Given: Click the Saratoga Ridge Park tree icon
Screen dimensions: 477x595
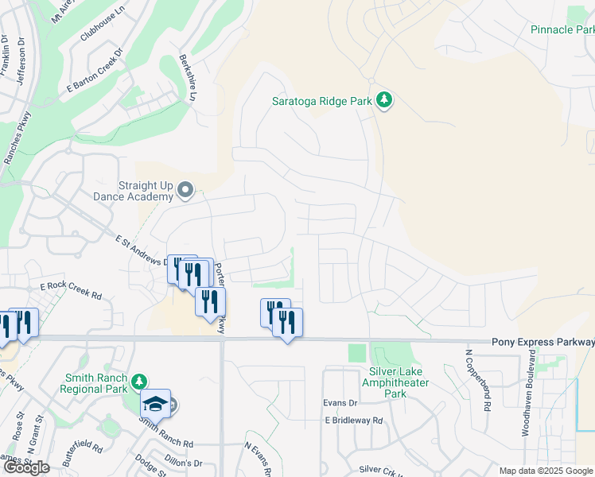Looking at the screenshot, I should coord(385,100).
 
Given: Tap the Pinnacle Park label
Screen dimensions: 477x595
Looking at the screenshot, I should coord(562,29).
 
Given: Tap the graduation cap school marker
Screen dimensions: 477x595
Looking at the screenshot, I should coord(156,405).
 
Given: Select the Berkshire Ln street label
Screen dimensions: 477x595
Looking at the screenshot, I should coord(187,78).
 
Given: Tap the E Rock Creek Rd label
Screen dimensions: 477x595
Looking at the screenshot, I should coord(72,290).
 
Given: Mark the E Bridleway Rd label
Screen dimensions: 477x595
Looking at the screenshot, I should coord(353,421).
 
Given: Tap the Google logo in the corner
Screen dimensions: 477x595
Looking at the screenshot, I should coord(25,467).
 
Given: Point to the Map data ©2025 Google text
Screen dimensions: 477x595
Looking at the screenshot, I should coord(546,471).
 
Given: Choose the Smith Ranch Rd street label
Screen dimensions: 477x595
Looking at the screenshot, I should coord(166,434).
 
